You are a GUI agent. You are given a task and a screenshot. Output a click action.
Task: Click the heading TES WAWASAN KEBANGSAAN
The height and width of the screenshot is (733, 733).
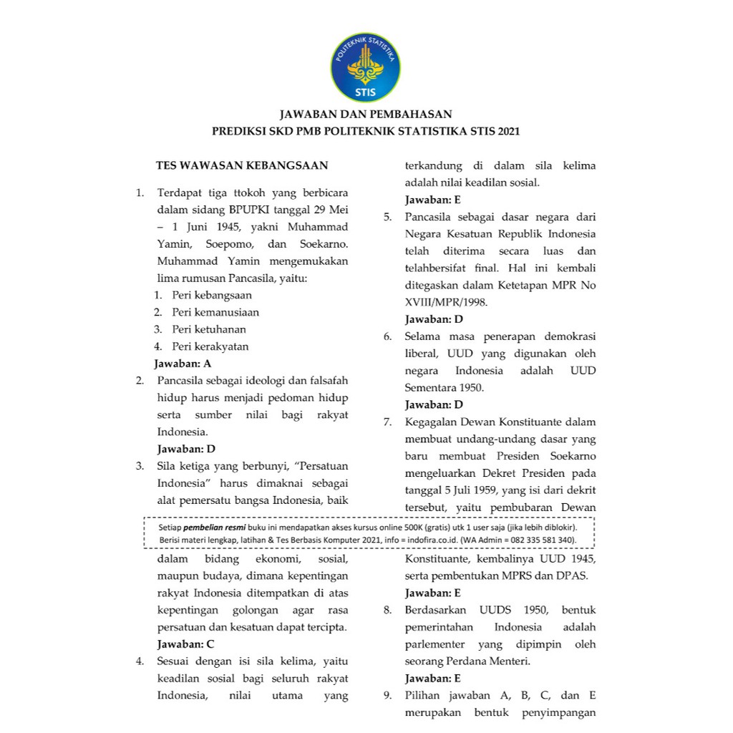[x=242, y=165]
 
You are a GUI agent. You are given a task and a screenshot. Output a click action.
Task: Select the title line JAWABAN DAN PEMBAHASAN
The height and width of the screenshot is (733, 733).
[x=366, y=114]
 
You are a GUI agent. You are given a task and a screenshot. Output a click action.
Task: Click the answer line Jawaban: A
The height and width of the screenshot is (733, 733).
[x=183, y=364]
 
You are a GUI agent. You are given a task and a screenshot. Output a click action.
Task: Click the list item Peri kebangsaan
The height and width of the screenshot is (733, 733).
[x=212, y=295]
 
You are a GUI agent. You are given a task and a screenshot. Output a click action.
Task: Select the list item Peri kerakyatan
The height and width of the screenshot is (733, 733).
[x=210, y=346]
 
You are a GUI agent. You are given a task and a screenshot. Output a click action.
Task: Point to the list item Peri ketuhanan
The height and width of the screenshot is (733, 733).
[x=209, y=329]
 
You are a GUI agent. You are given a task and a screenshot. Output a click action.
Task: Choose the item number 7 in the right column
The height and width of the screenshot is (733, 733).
[x=387, y=422]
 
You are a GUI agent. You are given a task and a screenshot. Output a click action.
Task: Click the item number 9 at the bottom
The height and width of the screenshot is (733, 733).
[x=387, y=696]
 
